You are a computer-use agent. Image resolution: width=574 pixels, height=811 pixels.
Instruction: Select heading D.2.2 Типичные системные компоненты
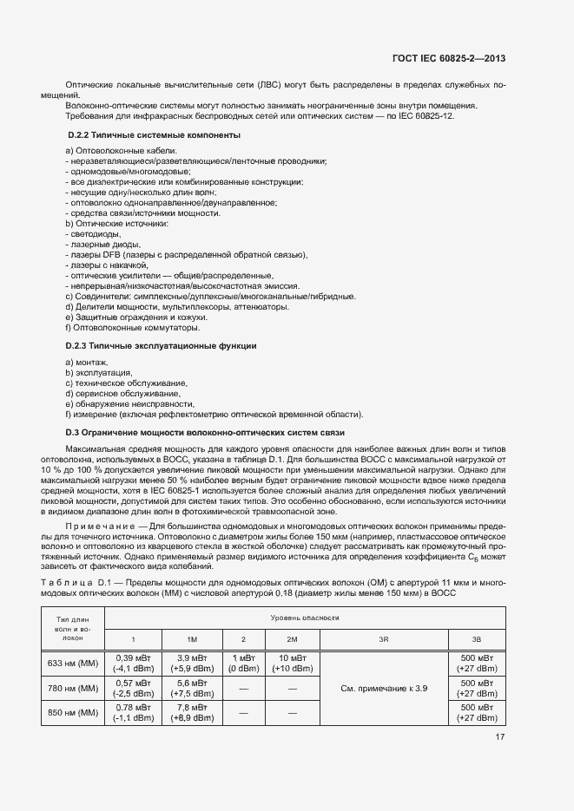point(154,136)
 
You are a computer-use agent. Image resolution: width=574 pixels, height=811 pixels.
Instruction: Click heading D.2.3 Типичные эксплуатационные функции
point(162,346)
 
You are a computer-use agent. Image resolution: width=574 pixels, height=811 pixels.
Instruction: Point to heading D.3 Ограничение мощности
point(206,432)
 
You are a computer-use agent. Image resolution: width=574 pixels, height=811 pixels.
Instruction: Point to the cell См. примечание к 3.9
point(384,689)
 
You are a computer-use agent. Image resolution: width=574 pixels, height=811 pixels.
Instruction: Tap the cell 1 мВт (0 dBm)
point(243,664)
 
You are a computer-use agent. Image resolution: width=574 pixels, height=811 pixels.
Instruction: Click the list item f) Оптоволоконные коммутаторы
point(132,328)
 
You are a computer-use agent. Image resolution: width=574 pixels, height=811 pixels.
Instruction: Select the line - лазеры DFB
point(187,255)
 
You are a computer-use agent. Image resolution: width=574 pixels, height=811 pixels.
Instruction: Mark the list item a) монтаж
point(87,362)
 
